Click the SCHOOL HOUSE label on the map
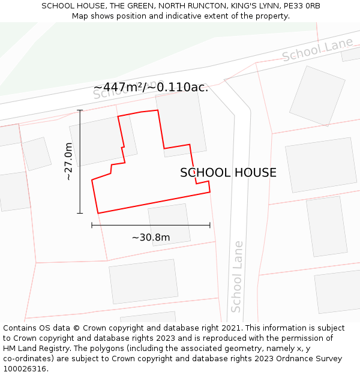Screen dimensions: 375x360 coord(228,173)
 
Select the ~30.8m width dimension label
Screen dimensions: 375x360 coord(151,237)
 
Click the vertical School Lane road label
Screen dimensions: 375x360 coord(237,276)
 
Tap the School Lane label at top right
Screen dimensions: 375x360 coord(317,49)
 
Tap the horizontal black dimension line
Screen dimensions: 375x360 coord(151,225)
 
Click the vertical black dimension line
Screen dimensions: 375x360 coord(80,161)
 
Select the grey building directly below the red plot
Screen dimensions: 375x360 coord(169,224)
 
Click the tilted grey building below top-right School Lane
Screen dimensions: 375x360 coord(317,95)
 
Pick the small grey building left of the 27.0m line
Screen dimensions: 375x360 coord(37,154)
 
